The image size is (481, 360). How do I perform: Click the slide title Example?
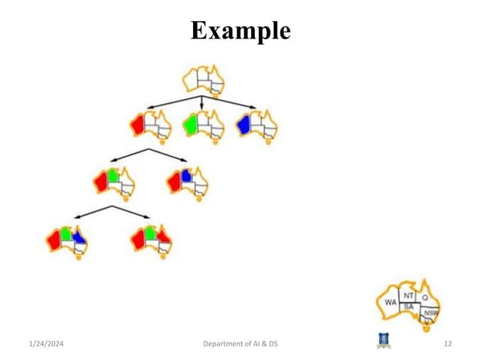[x=240, y=31]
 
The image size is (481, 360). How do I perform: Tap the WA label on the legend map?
[x=390, y=303]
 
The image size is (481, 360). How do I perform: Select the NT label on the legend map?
[x=408, y=294]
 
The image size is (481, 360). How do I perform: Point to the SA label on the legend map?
[x=409, y=307]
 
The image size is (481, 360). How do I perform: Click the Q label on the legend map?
[x=424, y=297]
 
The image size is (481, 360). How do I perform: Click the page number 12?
[x=448, y=344]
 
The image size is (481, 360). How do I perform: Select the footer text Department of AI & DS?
[x=240, y=344]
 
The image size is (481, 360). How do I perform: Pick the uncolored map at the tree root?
[x=204, y=81]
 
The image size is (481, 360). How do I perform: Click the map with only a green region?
[x=203, y=125]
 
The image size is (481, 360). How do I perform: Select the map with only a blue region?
[x=256, y=125]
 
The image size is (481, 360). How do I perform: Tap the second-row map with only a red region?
[x=149, y=125]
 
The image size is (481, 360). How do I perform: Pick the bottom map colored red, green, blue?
[x=66, y=241]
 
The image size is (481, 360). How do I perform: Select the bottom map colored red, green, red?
[x=151, y=241]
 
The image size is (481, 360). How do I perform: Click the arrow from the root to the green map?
[x=202, y=103]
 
